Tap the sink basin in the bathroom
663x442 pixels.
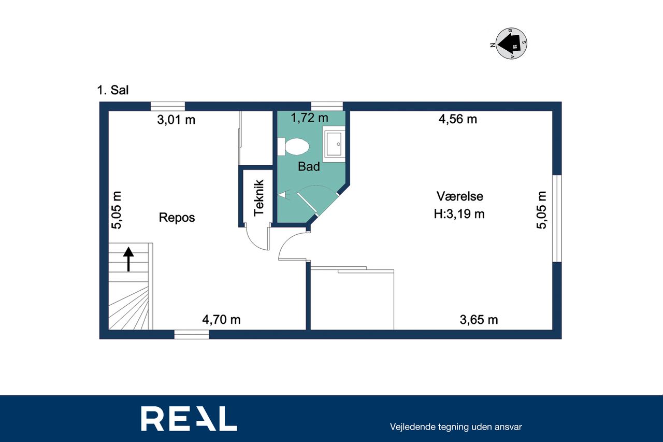[334, 144]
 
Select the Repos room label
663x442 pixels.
[177, 218]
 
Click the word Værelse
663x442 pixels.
[459, 196]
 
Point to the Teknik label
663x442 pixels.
[258, 198]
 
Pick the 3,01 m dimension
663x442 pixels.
[176, 120]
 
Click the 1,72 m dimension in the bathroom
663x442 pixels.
[309, 118]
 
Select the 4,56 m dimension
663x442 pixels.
[457, 119]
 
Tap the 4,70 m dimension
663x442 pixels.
[221, 320]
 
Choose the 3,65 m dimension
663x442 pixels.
[479, 320]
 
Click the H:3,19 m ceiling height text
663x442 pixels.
[459, 214]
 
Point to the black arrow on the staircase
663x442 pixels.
[128, 259]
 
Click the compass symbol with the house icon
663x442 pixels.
[511, 44]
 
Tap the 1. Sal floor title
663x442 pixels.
[113, 90]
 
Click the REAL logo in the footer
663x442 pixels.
[189, 419]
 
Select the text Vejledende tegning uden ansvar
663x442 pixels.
[456, 427]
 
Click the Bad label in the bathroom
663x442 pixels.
[309, 166]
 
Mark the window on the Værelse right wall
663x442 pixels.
[557, 219]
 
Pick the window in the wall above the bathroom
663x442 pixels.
[327, 106]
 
